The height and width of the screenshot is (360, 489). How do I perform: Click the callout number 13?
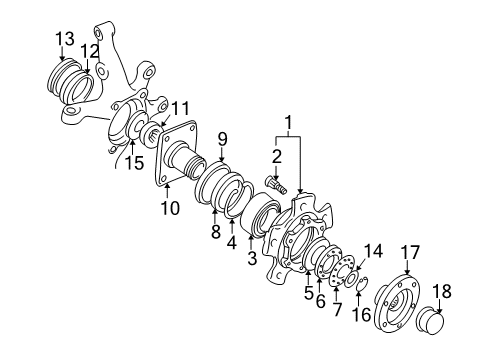click(x=64, y=38)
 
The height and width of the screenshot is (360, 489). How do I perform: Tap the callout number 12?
click(x=91, y=50)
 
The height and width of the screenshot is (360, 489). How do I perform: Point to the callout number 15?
click(x=133, y=162)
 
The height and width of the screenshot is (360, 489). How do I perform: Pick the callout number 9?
click(x=223, y=139)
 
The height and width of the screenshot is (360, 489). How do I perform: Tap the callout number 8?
click(x=213, y=231)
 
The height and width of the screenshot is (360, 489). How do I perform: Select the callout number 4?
click(x=232, y=242)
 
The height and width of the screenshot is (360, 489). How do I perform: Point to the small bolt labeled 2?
click(x=276, y=185)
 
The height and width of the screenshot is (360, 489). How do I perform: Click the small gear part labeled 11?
click(x=155, y=134)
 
